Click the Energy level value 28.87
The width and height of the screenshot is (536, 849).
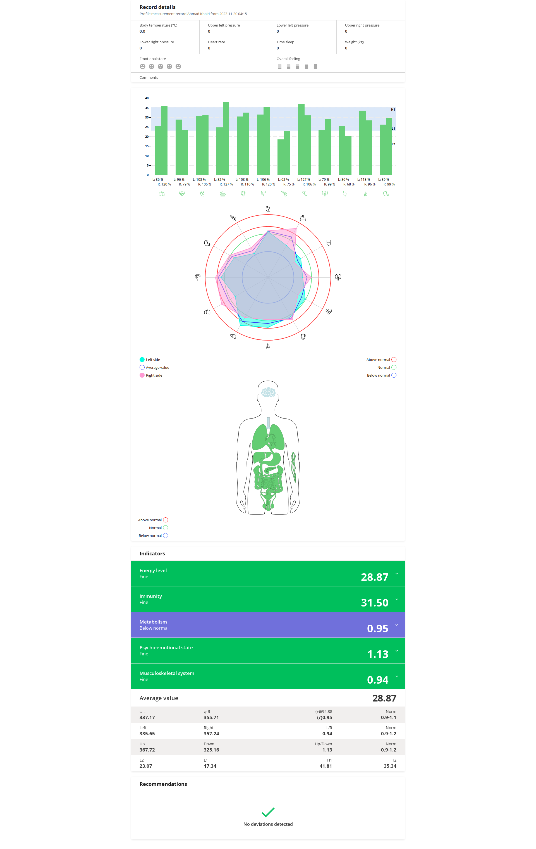point(374,577)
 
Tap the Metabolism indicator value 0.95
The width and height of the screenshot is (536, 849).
point(377,628)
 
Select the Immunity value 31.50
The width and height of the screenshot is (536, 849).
point(374,603)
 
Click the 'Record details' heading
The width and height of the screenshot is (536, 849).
point(157,7)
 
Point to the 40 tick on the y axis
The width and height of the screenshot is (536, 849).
point(147,98)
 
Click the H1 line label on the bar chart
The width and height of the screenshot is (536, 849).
point(393,110)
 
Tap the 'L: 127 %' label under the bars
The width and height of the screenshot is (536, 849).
point(303,179)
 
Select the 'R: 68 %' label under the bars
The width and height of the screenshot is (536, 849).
point(348,184)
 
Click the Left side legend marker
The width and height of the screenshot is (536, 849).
point(142,360)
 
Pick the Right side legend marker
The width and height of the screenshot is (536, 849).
point(142,375)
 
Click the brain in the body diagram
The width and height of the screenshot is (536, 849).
point(268,392)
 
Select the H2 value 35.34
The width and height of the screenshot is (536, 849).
point(390,766)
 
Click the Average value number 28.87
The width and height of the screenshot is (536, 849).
point(384,698)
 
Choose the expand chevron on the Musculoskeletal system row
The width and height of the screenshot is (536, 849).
point(396,676)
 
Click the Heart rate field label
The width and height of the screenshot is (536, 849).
point(216,42)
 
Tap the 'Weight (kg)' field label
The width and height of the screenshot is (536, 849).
point(354,42)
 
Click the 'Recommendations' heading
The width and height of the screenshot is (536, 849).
point(163,784)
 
